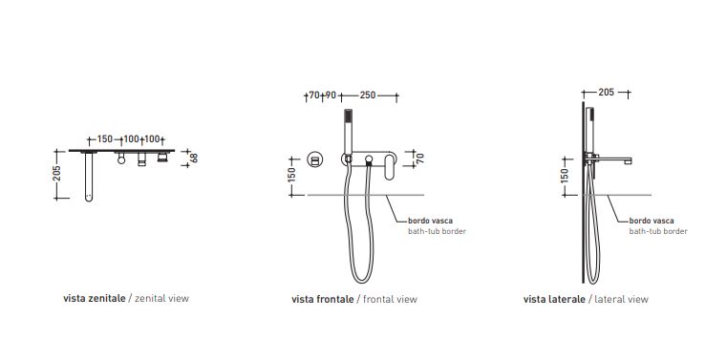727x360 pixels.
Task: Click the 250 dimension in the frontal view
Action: point(368,95)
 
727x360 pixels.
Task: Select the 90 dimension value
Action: point(331,95)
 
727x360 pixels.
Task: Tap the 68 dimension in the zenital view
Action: point(194,158)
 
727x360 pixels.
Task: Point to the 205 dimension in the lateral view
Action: point(606,93)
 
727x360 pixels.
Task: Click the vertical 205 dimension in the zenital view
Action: point(56,174)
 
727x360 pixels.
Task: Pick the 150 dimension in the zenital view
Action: point(105,139)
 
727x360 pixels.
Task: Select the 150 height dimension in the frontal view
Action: point(292,175)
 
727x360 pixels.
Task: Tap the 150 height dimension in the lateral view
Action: point(565,176)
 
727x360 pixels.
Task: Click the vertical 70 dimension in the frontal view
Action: point(420,158)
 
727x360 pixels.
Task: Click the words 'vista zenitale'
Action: point(95,298)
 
